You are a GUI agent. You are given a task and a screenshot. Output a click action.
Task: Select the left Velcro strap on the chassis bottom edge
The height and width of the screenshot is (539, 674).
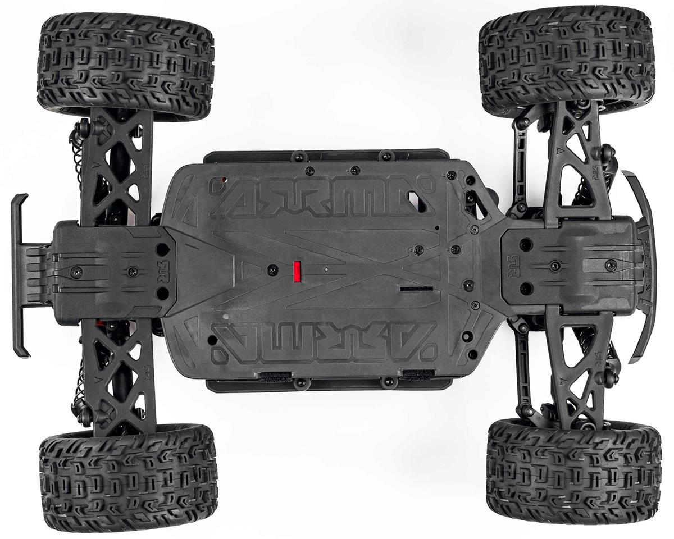(x=275, y=374)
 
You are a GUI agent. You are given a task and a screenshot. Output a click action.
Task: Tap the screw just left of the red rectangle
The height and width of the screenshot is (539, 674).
(x=273, y=270)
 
